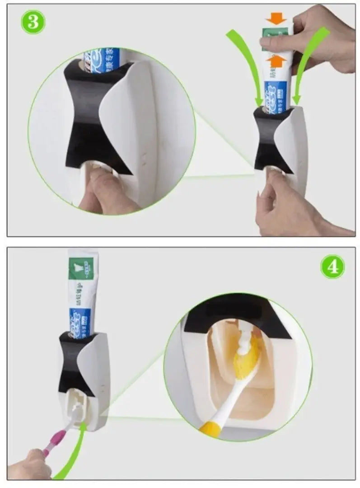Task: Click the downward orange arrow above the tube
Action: [276, 18]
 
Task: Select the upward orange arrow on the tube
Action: [276, 61]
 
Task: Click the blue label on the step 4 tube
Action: [80, 322]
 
